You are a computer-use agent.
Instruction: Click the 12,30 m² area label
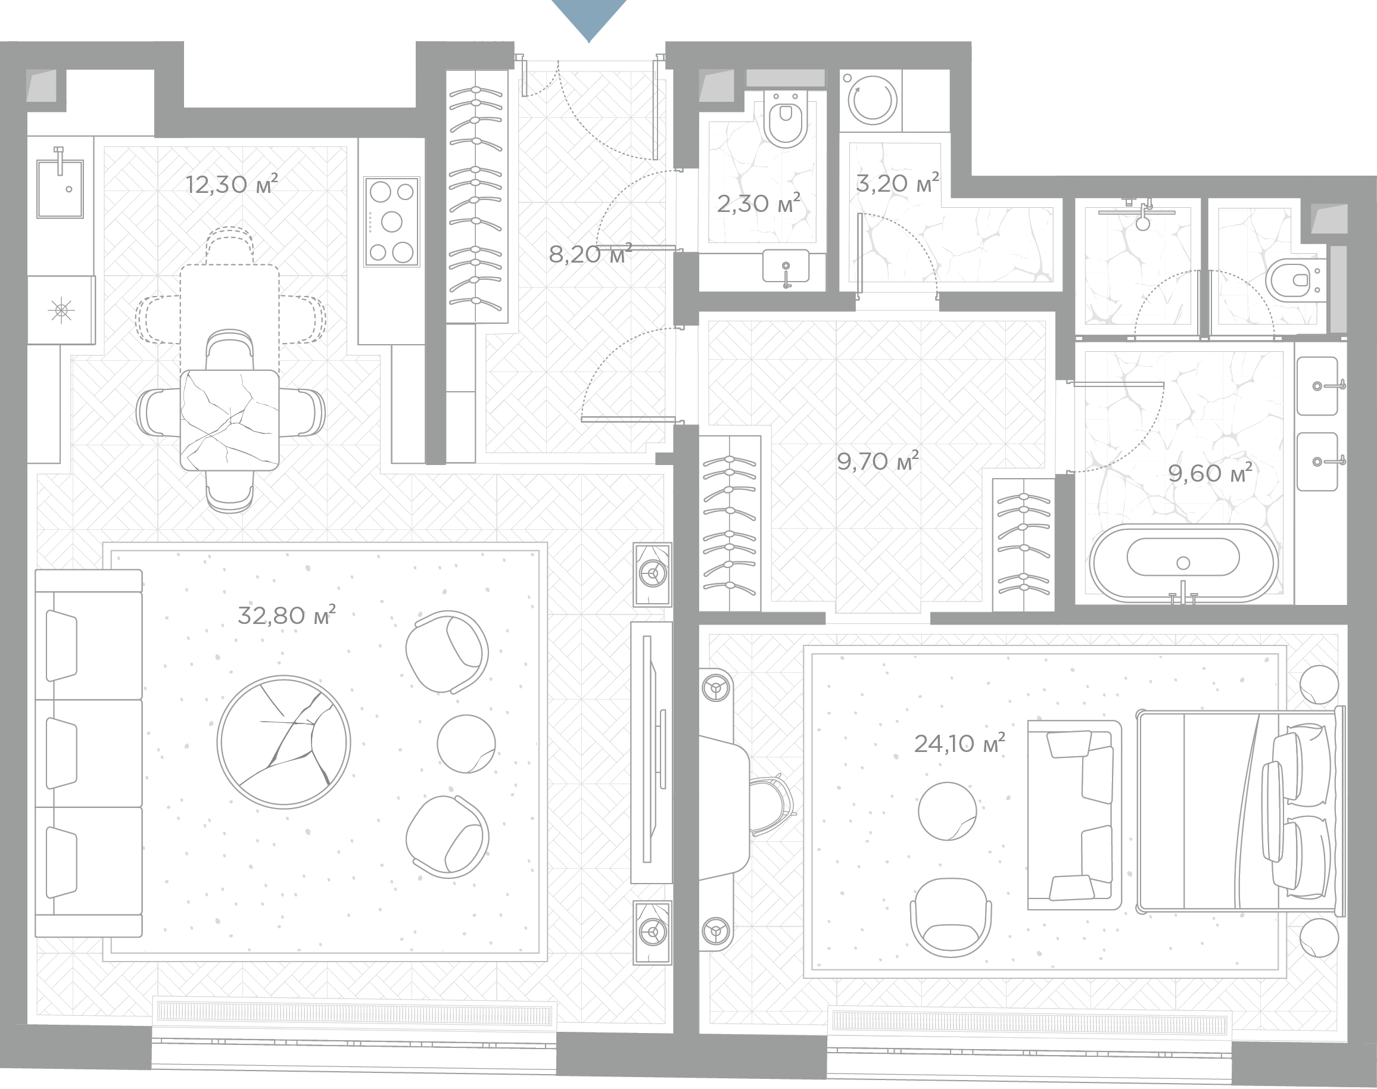[232, 183]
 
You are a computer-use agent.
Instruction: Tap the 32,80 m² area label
[286, 615]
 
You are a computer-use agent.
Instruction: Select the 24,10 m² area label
[959, 743]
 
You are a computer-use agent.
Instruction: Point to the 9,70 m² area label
[878, 460]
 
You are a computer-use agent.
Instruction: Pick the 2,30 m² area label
[758, 204]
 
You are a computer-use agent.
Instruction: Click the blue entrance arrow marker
[588, 19]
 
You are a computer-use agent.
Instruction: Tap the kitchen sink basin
[60, 188]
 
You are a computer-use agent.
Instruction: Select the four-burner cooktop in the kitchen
[392, 221]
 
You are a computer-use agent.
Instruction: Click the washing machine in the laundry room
[872, 100]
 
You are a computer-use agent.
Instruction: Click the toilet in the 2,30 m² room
[785, 118]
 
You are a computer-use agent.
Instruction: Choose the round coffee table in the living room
[284, 741]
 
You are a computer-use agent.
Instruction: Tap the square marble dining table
[230, 420]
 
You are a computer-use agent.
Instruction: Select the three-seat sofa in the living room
[89, 753]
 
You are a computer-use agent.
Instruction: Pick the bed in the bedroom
[1241, 810]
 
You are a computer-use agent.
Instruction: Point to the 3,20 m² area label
[898, 183]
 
